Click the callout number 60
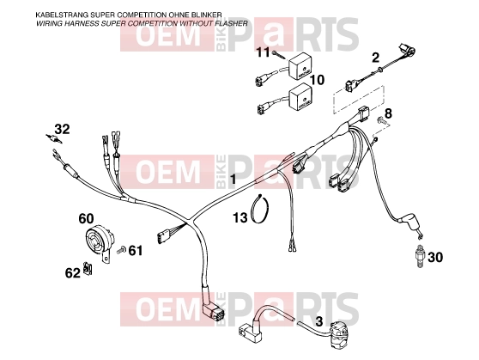[86, 219]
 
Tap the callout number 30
[435, 258]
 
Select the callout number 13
[240, 217]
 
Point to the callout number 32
[63, 129]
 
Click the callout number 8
[388, 113]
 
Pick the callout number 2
[375, 58]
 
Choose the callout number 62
[73, 273]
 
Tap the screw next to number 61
[121, 250]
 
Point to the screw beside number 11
[280, 55]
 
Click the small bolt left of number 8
[382, 121]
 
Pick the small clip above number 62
[88, 268]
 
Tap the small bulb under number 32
[54, 138]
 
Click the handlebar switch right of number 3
[340, 337]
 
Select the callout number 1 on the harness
[233, 179]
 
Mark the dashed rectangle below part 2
[358, 100]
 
